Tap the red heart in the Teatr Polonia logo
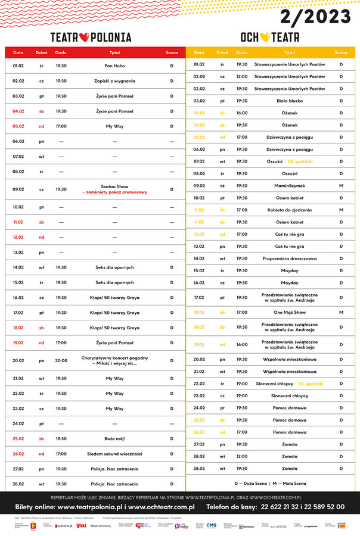point(84,37)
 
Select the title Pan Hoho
point(115,66)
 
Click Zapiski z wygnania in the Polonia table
point(115,81)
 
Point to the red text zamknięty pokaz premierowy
point(115,193)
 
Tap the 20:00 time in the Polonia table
point(61,360)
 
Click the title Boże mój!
point(115,439)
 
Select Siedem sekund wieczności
point(115,454)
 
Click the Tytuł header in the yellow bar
point(290,52)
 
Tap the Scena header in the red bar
point(172,52)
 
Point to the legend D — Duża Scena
point(251,484)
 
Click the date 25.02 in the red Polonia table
point(18,439)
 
